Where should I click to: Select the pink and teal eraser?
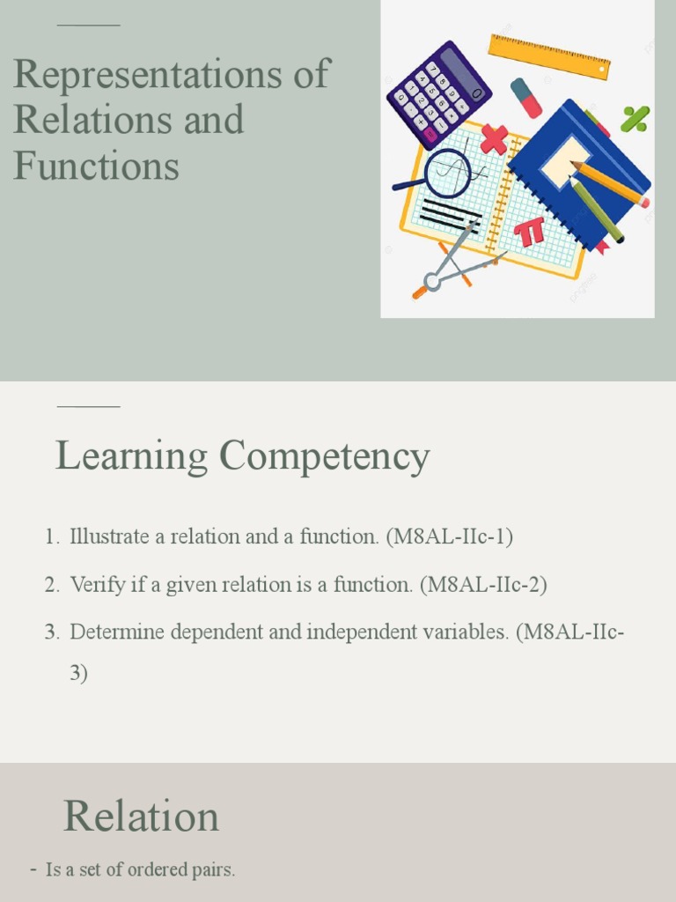526,98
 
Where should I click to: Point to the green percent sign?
635,118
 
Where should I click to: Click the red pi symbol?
531,232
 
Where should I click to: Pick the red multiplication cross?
494,139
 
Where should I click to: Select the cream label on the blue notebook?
564,161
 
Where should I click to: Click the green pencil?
598,210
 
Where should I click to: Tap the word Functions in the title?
96,166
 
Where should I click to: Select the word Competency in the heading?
325,457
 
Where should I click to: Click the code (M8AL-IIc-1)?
449,536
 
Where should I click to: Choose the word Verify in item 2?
95,584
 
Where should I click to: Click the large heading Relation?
141,817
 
